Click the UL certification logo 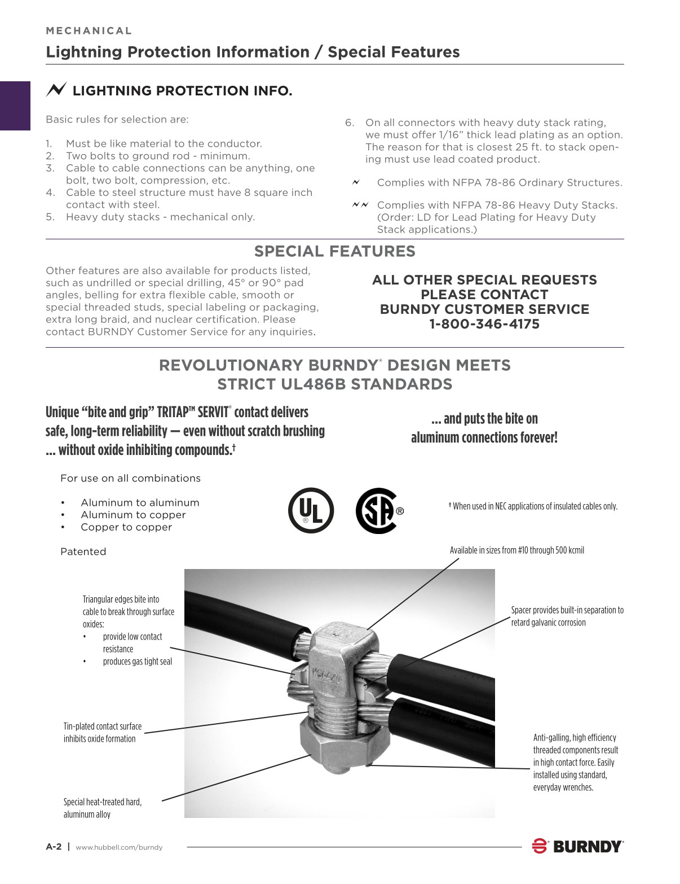pos(311,510)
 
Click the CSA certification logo pos(379,511)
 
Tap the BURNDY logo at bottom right pos(577,846)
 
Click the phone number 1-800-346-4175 pos(484,324)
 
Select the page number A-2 pos(54,847)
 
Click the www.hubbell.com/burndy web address pos(119,847)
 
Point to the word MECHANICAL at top pos(89,31)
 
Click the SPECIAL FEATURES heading pos(334,252)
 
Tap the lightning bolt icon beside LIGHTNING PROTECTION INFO pos(56,90)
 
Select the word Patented pos(83,552)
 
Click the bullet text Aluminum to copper pos(133,515)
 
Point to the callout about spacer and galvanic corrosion pos(567,616)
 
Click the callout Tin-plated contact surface pos(102,732)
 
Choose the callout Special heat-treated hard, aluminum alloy pos(102,808)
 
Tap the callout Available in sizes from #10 pos(516,550)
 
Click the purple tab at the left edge pos(15,106)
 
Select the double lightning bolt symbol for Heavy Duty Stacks pos(360,204)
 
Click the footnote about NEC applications pos(533,506)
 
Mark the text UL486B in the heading pos(297,384)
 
